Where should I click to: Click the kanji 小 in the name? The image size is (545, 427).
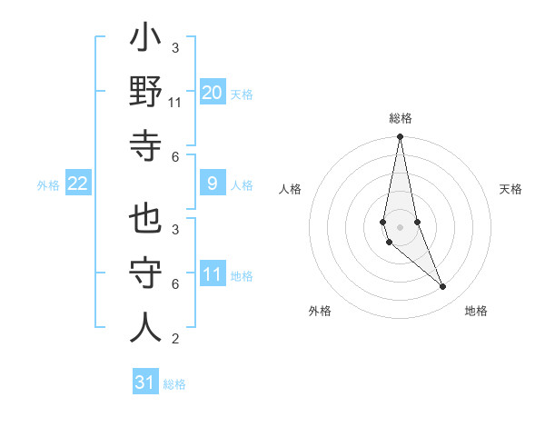[145, 42]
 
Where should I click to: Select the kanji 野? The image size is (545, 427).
[145, 94]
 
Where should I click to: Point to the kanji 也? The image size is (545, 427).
[145, 220]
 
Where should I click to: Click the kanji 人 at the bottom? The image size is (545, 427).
[145, 327]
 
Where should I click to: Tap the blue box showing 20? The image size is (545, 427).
[213, 93]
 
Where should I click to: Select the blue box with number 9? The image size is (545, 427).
[213, 184]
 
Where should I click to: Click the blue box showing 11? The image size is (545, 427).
[213, 274]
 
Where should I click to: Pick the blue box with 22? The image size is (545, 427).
[78, 184]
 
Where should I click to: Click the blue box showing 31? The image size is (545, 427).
[145, 382]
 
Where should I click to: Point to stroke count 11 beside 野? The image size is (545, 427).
[175, 103]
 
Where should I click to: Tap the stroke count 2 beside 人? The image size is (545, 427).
[175, 339]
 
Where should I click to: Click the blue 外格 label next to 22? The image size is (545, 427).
[48, 185]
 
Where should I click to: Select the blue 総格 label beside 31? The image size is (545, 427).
[174, 384]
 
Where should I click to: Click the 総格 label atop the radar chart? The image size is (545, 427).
[400, 118]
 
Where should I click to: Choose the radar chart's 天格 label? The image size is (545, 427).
[511, 189]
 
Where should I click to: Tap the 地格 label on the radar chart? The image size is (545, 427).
[476, 311]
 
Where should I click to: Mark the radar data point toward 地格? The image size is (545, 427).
[443, 287]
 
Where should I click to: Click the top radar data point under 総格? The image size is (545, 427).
[400, 137]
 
